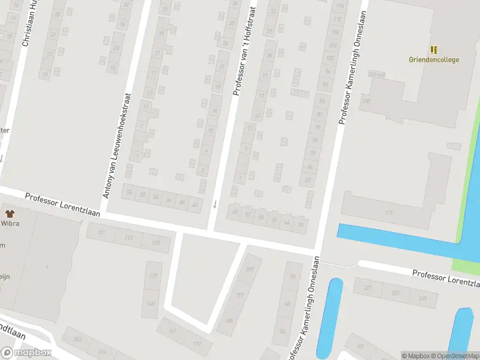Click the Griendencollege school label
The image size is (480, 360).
434,59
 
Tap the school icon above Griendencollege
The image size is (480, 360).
434,50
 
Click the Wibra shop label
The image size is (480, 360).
10,223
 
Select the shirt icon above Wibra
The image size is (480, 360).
10,213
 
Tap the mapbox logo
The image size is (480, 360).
26,352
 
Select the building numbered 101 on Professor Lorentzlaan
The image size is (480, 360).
100,233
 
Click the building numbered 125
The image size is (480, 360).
156,242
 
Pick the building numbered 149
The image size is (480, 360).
151,304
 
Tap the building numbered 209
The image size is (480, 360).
249,269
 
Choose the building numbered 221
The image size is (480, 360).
367,288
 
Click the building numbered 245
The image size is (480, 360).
423,298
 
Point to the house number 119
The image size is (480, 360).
389,212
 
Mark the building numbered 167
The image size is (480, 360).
173,331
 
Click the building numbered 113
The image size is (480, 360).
128,238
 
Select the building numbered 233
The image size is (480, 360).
395,293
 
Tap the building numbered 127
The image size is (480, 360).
153,276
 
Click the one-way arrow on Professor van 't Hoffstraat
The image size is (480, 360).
215,204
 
